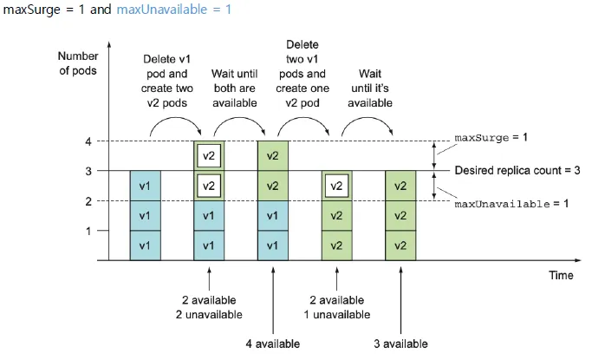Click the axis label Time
point(561,275)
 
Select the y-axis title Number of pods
point(79,63)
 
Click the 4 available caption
point(272,344)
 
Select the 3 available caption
point(400,344)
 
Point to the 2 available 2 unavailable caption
point(208,306)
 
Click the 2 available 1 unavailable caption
point(336,306)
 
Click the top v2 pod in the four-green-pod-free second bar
point(208,156)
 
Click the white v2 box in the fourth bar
point(336,186)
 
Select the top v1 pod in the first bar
point(145,186)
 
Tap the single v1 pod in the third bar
point(272,245)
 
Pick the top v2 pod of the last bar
point(400,186)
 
